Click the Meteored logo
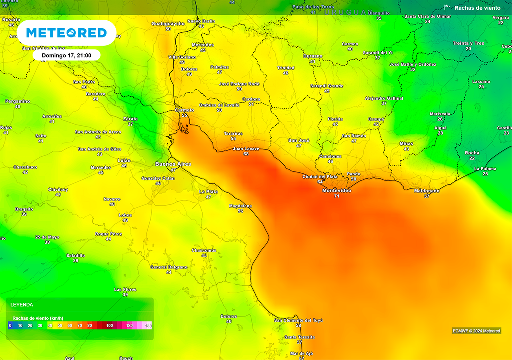(x=66, y=33)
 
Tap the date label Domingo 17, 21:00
(x=66, y=55)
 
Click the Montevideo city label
(x=337, y=191)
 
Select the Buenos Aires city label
(x=173, y=164)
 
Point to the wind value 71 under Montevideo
(x=337, y=196)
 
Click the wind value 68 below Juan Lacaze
(x=246, y=154)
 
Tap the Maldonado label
(x=426, y=191)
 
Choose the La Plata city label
(x=208, y=191)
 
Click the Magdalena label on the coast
(x=240, y=206)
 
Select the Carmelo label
(x=184, y=110)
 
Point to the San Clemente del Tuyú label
(x=299, y=320)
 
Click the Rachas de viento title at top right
(x=477, y=8)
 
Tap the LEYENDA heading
(x=22, y=304)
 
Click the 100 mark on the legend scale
(x=109, y=325)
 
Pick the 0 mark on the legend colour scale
(x=10, y=325)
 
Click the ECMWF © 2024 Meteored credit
(x=476, y=331)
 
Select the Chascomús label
(x=204, y=250)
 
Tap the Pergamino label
(x=18, y=101)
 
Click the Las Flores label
(x=125, y=289)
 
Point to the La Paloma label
(x=485, y=169)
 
